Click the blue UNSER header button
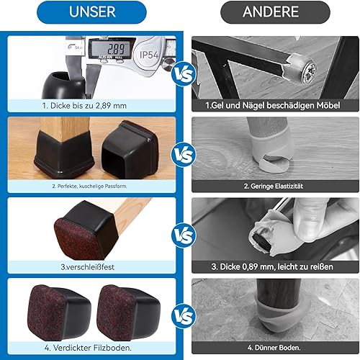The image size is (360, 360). point(91,12)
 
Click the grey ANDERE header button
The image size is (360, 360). point(275,12)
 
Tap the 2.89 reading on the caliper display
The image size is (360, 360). point(115,49)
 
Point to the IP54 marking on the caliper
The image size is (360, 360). point(149,55)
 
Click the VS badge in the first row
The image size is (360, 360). point(183,73)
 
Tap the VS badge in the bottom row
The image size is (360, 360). point(183,316)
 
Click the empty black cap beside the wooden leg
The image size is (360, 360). point(130,149)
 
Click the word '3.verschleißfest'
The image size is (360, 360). point(88,267)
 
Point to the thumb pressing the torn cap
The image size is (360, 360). point(308,221)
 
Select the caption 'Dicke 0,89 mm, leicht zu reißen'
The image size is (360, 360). point(272,266)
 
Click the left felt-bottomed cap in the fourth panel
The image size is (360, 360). point(59,312)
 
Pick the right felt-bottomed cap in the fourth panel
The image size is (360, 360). point(128,312)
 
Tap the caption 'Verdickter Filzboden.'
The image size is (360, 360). point(88,348)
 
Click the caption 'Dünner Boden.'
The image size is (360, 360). point(274,348)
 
